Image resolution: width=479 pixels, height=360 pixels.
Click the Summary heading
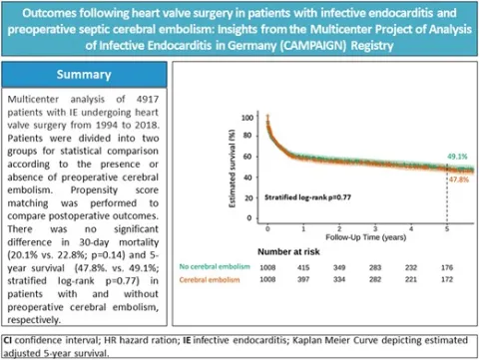(84, 75)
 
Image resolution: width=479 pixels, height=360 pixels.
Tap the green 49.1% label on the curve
(457, 157)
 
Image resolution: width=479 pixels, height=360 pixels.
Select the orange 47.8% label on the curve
(459, 180)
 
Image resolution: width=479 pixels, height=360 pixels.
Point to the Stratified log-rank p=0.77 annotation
(307, 197)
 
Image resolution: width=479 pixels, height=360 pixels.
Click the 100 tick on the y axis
(247, 118)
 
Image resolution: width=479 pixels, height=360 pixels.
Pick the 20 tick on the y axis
(248, 198)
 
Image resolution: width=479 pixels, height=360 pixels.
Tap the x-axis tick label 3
(375, 229)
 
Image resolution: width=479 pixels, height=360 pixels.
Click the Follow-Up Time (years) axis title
(366, 237)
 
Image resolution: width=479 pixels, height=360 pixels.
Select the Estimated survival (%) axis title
(233, 169)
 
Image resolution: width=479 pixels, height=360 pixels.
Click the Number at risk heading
(288, 252)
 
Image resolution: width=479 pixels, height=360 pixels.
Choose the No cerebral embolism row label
(215, 266)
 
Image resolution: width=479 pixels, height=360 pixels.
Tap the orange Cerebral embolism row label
(210, 280)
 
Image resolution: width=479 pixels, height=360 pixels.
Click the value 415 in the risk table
(303, 267)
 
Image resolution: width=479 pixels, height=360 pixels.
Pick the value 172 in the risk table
(447, 279)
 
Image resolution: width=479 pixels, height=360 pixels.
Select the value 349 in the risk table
(339, 267)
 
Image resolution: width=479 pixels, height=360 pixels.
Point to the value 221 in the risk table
(411, 279)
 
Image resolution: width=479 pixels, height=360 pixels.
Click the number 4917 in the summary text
(148, 100)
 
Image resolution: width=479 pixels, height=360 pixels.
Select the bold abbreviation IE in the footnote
(187, 340)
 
